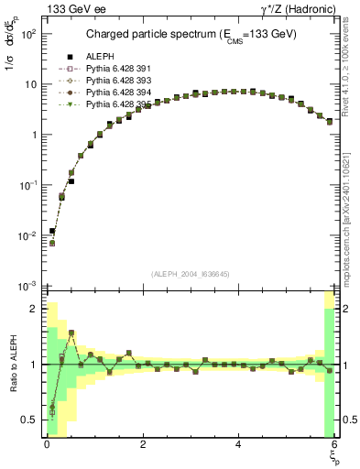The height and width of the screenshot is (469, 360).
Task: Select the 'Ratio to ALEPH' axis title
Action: (11, 364)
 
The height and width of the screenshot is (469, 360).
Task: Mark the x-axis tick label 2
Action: (142, 444)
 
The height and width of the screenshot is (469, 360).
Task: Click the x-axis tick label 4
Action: (238, 444)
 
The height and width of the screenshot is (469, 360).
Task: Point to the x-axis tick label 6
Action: (333, 444)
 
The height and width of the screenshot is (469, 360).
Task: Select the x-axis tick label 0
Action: (47, 444)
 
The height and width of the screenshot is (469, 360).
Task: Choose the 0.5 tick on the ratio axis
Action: (29, 420)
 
